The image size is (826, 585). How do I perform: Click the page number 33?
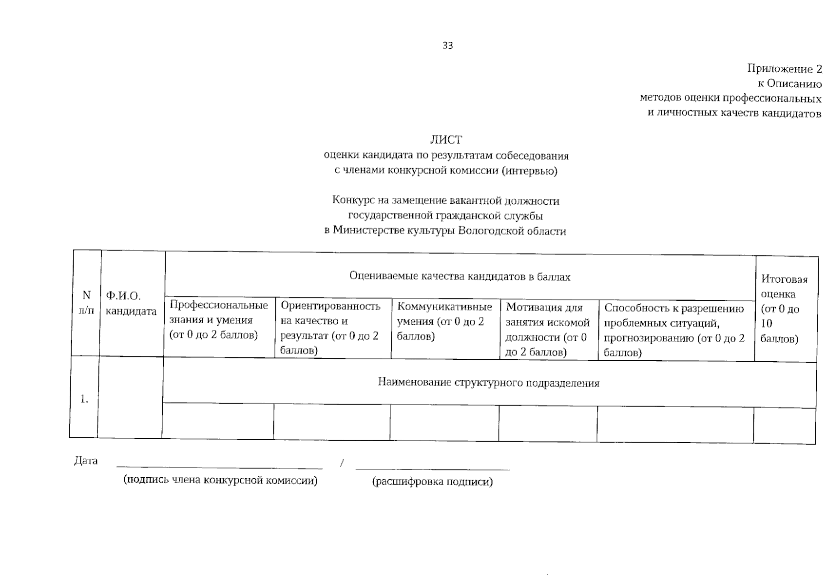447,45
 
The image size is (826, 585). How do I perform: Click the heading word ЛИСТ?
446,140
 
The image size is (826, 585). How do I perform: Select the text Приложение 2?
785,69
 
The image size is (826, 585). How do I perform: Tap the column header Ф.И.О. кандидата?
131,303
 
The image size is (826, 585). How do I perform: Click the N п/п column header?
86,302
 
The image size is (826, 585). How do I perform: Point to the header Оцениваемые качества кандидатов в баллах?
460,276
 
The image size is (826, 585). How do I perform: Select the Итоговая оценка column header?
784,309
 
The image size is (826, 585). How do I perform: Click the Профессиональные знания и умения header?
218,320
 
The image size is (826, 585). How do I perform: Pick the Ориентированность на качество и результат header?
330,328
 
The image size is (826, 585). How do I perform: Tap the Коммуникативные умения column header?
444,321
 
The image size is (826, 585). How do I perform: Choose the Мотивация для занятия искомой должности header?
547,330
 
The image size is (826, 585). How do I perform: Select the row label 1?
84,399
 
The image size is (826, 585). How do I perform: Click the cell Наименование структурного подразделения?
488,383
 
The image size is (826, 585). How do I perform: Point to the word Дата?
86,461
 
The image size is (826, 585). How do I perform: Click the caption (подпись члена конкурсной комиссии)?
220,480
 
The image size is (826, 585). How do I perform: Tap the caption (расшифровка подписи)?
432,482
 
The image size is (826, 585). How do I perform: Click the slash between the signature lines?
342,463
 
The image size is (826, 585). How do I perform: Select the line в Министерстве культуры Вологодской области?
445,231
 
